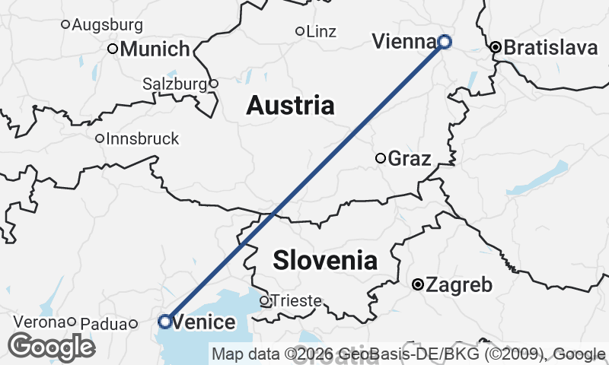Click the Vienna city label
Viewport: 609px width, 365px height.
click(x=403, y=42)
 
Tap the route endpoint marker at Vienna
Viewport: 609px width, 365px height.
click(x=444, y=42)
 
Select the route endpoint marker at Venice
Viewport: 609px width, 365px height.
click(x=164, y=321)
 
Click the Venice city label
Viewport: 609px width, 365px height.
click(x=204, y=322)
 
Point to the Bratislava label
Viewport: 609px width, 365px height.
click(x=550, y=48)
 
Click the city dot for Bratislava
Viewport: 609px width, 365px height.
click(x=496, y=47)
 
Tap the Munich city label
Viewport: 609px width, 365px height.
click(x=155, y=49)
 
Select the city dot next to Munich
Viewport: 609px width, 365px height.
click(x=113, y=49)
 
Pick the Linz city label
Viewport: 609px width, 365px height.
click(x=320, y=32)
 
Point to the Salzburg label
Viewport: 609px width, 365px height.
click(x=175, y=84)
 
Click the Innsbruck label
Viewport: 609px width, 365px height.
click(x=143, y=138)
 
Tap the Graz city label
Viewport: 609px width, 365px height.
click(x=410, y=159)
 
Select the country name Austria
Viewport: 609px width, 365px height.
click(x=290, y=105)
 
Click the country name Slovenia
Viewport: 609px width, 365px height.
click(x=325, y=260)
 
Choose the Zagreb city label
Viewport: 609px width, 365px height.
click(x=459, y=285)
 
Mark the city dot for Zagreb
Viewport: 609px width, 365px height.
click(x=417, y=284)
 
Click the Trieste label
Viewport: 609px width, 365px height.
click(x=296, y=301)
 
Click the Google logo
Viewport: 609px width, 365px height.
click(x=52, y=347)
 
